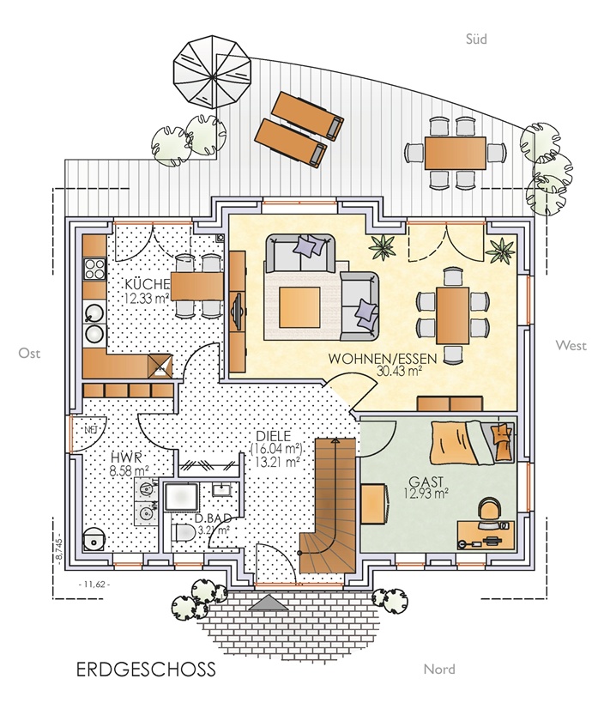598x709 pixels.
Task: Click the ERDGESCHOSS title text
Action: [x=146, y=670]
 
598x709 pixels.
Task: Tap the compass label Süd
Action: [x=476, y=39]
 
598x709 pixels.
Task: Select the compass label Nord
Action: [x=439, y=670]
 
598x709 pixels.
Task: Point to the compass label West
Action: [x=571, y=346]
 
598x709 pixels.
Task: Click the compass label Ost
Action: [x=29, y=353]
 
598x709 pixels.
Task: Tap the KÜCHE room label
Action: [x=147, y=284]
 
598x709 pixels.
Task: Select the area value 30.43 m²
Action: [x=399, y=371]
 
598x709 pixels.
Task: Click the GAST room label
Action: [x=426, y=482]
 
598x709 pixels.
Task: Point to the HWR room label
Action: [x=126, y=458]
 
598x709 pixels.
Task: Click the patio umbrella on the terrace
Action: [x=212, y=73]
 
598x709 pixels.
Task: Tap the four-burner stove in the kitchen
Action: [x=94, y=269]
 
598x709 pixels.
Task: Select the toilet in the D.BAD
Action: [x=183, y=533]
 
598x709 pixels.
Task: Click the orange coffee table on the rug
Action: [x=299, y=307]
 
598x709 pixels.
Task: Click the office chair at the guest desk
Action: [x=490, y=512]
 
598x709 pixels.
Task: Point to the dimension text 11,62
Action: [x=94, y=585]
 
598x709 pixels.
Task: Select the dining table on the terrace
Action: [x=456, y=153]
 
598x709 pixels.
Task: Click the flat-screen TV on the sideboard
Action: [x=237, y=312]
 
